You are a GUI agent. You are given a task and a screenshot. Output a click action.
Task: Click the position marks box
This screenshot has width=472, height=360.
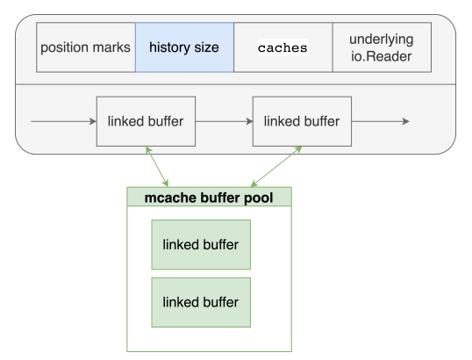click(86, 47)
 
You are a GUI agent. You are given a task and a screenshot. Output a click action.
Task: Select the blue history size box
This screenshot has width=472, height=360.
click(184, 47)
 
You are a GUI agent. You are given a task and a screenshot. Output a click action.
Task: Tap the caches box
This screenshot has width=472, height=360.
click(283, 47)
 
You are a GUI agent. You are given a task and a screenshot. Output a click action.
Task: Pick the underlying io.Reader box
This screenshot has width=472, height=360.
click(382, 47)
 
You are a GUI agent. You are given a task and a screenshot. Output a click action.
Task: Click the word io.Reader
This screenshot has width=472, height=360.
click(381, 56)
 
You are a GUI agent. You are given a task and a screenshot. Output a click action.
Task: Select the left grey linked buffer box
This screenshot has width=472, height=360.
click(146, 121)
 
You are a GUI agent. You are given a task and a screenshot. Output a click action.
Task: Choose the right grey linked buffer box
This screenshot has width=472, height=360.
click(302, 121)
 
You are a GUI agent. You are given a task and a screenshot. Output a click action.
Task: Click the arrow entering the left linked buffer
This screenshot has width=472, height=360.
click(63, 121)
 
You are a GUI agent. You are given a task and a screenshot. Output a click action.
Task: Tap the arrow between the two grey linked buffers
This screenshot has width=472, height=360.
click(225, 121)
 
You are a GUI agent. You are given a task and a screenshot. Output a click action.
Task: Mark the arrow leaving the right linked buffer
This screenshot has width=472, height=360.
click(381, 121)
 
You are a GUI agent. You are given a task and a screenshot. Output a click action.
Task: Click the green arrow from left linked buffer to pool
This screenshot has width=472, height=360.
click(157, 167)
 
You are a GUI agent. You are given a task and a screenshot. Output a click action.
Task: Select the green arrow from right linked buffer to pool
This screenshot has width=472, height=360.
click(276, 167)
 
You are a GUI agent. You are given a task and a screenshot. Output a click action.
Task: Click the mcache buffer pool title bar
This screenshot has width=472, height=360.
click(209, 197)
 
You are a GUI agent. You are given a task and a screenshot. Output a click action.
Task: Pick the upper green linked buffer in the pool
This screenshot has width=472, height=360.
click(201, 245)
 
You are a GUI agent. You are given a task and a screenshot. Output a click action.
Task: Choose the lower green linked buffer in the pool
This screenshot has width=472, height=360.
click(201, 302)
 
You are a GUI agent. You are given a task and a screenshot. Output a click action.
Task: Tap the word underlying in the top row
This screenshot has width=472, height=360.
click(382, 40)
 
